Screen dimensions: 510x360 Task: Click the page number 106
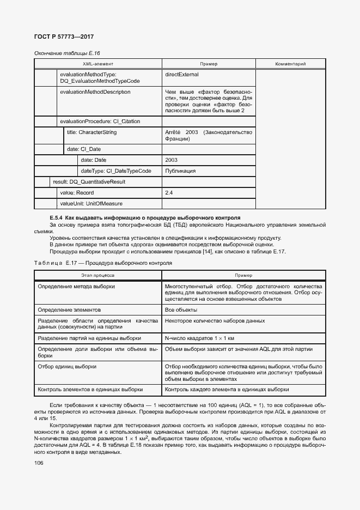39,463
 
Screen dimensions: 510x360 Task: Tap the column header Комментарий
290,64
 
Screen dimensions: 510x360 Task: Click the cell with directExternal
181,74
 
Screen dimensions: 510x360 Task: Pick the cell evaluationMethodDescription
95,92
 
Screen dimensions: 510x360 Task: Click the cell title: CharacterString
91,132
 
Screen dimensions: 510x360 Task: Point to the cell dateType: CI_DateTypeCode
116,171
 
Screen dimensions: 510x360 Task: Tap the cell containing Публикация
180,171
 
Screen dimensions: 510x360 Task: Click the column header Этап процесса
97,276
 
